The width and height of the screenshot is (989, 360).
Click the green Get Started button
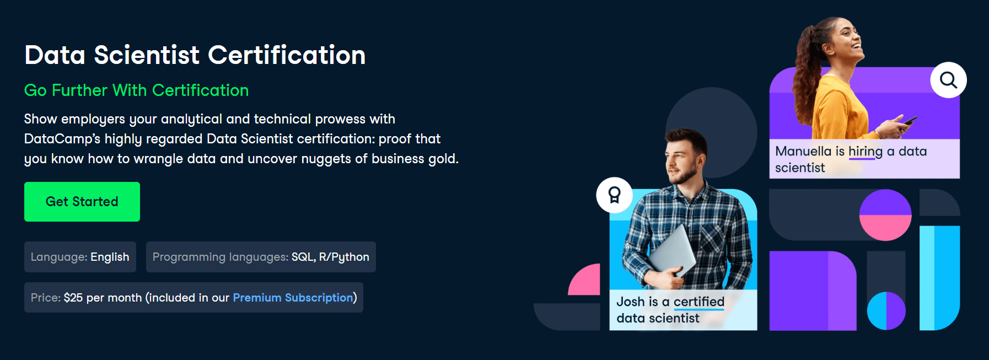82,202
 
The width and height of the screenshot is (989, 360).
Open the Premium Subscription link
293,298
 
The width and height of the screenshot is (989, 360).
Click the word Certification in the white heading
287,55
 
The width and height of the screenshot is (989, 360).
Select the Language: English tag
80,257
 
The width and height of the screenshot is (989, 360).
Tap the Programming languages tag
261,257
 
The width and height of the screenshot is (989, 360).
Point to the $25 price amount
73,298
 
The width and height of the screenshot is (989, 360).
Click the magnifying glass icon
948,80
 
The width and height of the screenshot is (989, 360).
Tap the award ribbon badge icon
614,195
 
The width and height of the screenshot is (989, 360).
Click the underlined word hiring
866,152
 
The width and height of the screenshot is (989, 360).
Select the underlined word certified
699,302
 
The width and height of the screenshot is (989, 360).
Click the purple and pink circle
885,215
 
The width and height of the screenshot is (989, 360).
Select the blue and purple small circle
886,311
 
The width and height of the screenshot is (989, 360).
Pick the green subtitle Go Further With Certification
136,90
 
